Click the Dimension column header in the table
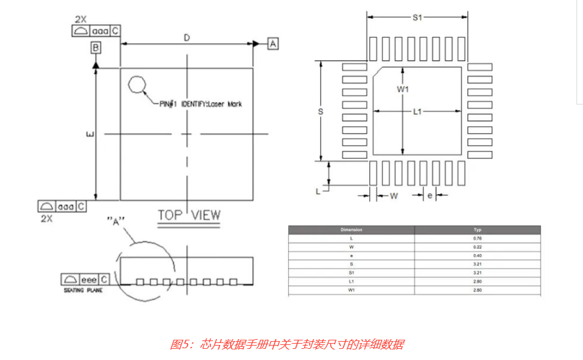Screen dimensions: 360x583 (351, 230)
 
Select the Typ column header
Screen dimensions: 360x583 (477, 230)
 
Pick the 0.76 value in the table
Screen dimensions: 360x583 (477, 238)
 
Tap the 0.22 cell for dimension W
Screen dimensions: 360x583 (477, 247)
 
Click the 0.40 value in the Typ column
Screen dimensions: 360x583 (477, 255)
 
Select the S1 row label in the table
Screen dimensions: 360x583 (351, 272)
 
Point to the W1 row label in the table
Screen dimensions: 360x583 (351, 289)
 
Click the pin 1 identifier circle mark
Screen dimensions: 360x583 (137, 84)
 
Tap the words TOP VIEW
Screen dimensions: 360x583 (189, 215)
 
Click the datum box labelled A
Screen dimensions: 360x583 (273, 43)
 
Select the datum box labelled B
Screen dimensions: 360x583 (96, 47)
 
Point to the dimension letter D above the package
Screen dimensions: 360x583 (187, 38)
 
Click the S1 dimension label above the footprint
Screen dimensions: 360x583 (417, 18)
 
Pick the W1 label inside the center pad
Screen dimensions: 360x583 (403, 89)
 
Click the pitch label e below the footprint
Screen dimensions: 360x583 (429, 195)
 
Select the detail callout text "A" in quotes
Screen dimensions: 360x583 (116, 221)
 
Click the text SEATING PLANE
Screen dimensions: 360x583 (80, 290)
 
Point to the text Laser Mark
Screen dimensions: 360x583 (225, 104)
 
